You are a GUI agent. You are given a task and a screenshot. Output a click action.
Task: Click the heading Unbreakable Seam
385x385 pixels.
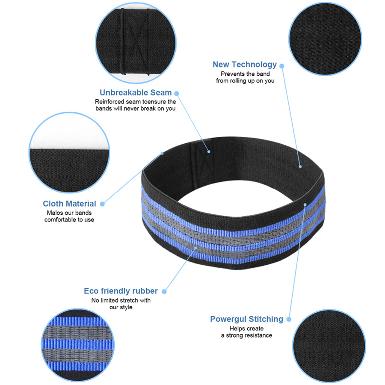click(x=136, y=92)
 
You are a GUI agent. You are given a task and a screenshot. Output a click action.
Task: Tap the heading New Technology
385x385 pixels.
click(x=245, y=65)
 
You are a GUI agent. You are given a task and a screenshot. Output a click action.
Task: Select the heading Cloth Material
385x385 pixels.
click(x=69, y=204)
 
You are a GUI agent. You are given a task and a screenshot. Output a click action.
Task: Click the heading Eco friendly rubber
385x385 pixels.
click(x=121, y=291)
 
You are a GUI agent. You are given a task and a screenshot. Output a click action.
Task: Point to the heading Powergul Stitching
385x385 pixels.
click(x=246, y=319)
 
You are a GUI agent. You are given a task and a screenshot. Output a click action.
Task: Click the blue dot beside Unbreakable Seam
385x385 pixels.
click(x=176, y=93)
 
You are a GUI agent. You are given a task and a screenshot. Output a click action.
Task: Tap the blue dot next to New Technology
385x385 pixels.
click(x=281, y=65)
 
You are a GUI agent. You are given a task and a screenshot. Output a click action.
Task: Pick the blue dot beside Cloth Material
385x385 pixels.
click(x=102, y=204)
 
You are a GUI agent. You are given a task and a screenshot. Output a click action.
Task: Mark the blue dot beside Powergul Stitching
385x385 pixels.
click(x=289, y=319)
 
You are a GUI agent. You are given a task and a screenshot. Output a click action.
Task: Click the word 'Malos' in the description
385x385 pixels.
click(x=54, y=213)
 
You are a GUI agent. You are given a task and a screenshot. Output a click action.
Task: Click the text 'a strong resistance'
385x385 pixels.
click(x=246, y=335)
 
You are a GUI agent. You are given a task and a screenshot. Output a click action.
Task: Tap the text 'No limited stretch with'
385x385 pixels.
click(x=121, y=300)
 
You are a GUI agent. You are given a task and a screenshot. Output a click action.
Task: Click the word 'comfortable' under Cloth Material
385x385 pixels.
click(x=61, y=219)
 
